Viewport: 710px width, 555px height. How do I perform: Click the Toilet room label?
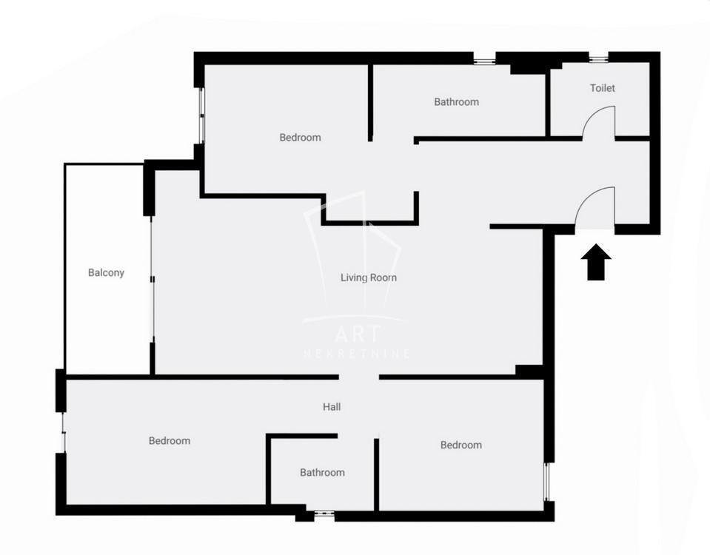click(x=602, y=88)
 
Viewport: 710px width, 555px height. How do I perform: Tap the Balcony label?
click(x=106, y=272)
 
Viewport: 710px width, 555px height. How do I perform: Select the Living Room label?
click(x=369, y=277)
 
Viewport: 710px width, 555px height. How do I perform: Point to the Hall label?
click(x=332, y=407)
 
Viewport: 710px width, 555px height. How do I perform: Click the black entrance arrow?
click(x=596, y=262)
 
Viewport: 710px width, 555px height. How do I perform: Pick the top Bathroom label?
click(x=456, y=102)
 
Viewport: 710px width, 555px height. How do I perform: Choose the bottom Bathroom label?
click(x=322, y=473)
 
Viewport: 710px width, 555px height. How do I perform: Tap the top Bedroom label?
click(x=300, y=137)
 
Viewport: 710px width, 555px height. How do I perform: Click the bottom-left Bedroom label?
click(x=170, y=440)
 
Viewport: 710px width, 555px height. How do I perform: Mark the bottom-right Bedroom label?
click(x=461, y=445)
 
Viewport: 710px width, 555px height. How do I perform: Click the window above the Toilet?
click(x=599, y=58)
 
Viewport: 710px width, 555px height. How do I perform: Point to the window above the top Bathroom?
click(x=484, y=58)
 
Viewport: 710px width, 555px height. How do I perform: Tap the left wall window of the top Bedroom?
click(x=202, y=116)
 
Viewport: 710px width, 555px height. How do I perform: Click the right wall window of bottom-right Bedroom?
click(x=547, y=482)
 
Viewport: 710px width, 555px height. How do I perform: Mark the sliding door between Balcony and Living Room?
click(x=153, y=280)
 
